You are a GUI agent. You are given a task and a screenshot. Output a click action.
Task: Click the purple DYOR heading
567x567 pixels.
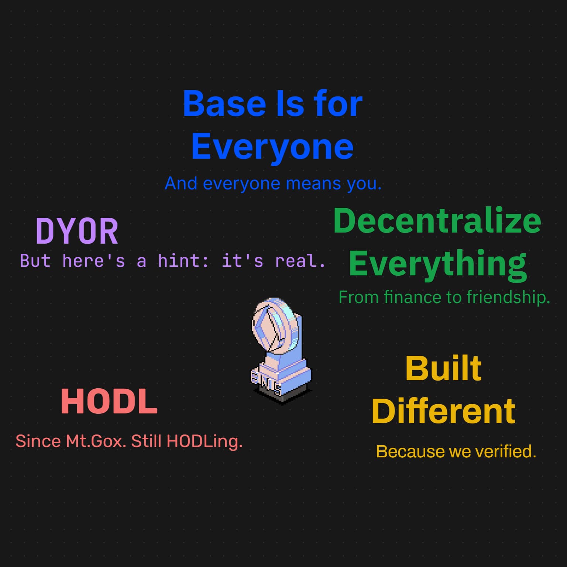[x=77, y=231]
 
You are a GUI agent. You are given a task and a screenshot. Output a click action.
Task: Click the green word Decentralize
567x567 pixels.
[x=437, y=220]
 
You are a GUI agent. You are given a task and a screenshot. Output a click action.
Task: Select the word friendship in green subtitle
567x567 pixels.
[x=508, y=297]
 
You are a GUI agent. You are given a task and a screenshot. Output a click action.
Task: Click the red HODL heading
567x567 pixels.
[x=109, y=401]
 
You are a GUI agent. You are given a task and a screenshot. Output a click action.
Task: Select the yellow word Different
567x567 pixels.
[x=443, y=411]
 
